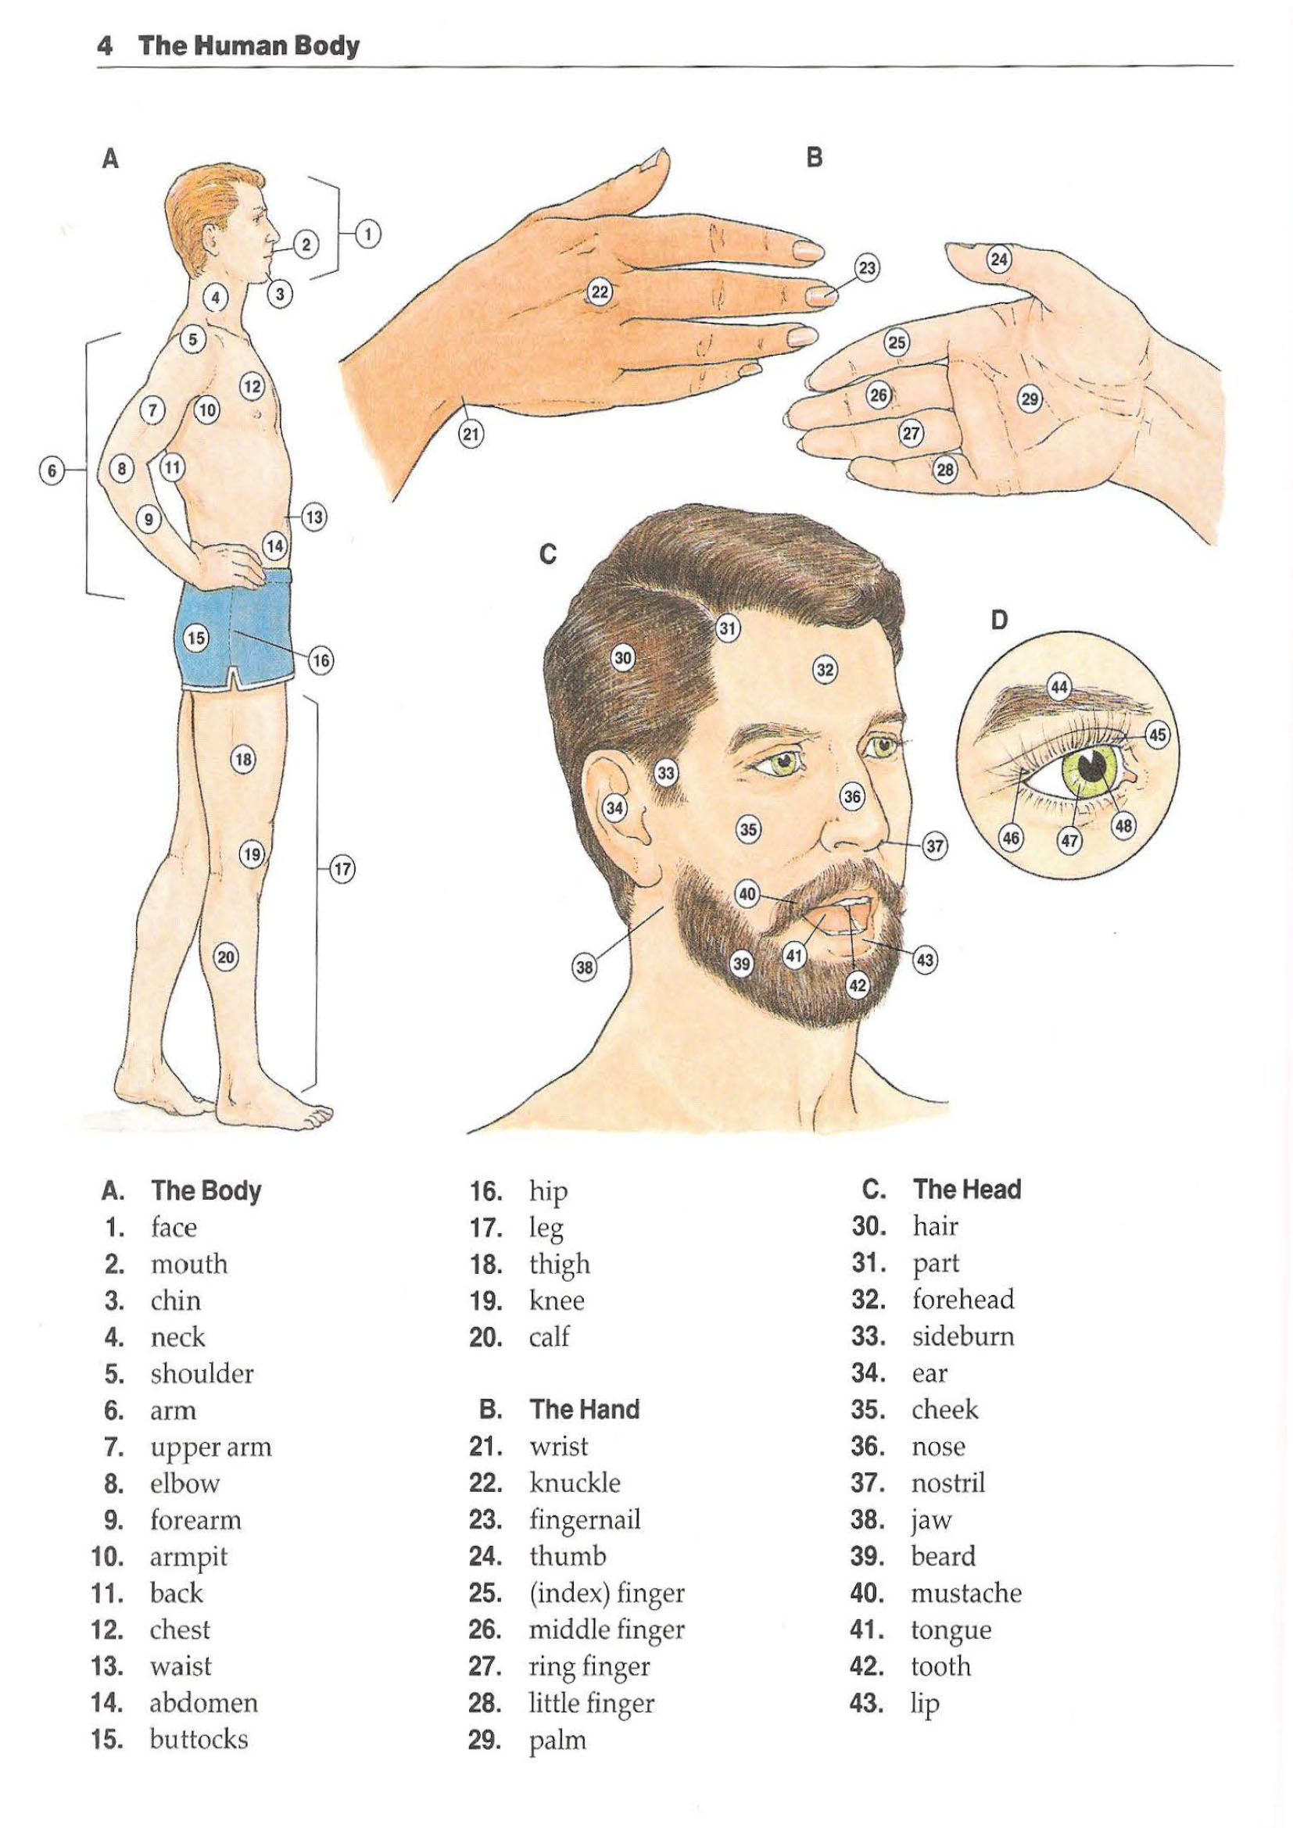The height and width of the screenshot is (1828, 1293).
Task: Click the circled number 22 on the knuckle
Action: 600,293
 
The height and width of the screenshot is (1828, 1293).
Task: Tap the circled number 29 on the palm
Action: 1030,398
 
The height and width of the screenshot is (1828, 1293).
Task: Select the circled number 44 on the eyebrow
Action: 1059,687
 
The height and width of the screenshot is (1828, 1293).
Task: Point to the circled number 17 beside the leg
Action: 342,868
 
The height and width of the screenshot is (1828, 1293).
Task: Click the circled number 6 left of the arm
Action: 52,470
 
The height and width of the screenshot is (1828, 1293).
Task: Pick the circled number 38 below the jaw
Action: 585,968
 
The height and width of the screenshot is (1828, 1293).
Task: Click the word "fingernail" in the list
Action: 586,1522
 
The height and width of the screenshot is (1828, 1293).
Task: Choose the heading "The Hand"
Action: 586,1409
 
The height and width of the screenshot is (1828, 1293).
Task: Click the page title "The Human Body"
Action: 249,45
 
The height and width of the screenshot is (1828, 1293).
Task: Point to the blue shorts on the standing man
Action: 233,629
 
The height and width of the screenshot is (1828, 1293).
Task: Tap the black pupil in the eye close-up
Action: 1094,766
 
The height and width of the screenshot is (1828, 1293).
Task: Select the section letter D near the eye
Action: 999,619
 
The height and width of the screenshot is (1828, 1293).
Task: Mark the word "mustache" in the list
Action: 966,1593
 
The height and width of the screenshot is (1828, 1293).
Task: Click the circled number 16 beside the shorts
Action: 320,660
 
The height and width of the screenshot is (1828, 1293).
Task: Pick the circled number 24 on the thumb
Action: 999,259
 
